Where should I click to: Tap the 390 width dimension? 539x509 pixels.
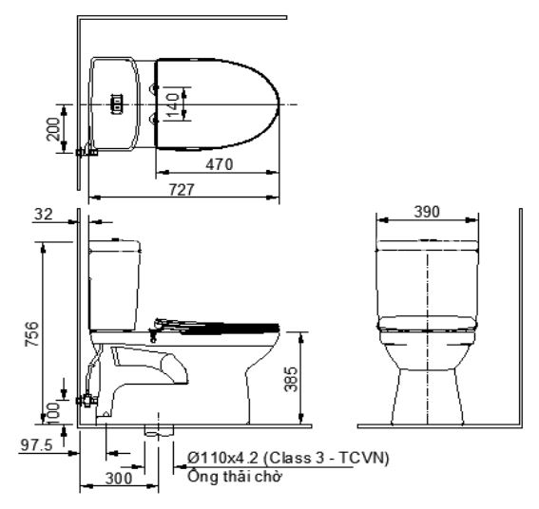[x=427, y=212]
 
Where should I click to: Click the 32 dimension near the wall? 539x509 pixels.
[x=42, y=216]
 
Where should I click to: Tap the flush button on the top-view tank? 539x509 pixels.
[x=119, y=103]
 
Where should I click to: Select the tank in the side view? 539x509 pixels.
[x=113, y=285]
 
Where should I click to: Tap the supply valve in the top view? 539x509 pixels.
[x=88, y=150]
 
